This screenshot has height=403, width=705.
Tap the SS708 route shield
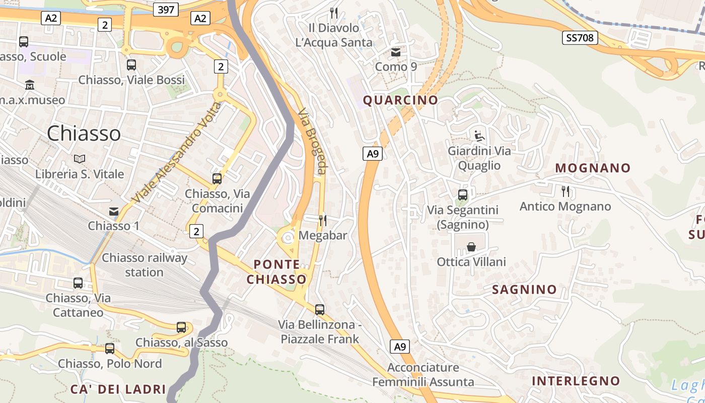pos(580,38)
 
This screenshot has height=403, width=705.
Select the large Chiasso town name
pos(84,133)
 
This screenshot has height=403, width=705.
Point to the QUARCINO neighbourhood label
pos(400,100)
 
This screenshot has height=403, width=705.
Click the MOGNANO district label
pos(593,168)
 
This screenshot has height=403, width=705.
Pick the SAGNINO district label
pos(524,290)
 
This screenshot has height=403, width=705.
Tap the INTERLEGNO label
pos(576,381)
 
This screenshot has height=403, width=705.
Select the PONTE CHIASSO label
pos(276,272)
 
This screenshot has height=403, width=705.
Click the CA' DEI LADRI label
pos(118,389)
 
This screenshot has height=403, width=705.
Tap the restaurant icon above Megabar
pos(323,220)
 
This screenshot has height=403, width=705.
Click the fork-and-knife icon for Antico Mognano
pos(565,191)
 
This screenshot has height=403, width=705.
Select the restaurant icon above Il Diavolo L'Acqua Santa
pos(333,13)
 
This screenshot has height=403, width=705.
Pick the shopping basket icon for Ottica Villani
pos(471,247)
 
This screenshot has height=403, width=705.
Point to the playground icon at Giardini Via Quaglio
pos(479,136)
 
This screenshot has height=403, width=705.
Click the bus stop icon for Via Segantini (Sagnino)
pos(462,194)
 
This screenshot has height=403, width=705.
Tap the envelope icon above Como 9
pos(396,52)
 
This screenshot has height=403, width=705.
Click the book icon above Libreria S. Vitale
pos(80,159)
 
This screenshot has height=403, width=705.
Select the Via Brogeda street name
pos(312,142)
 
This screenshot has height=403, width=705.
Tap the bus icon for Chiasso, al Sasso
pos(181,327)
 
